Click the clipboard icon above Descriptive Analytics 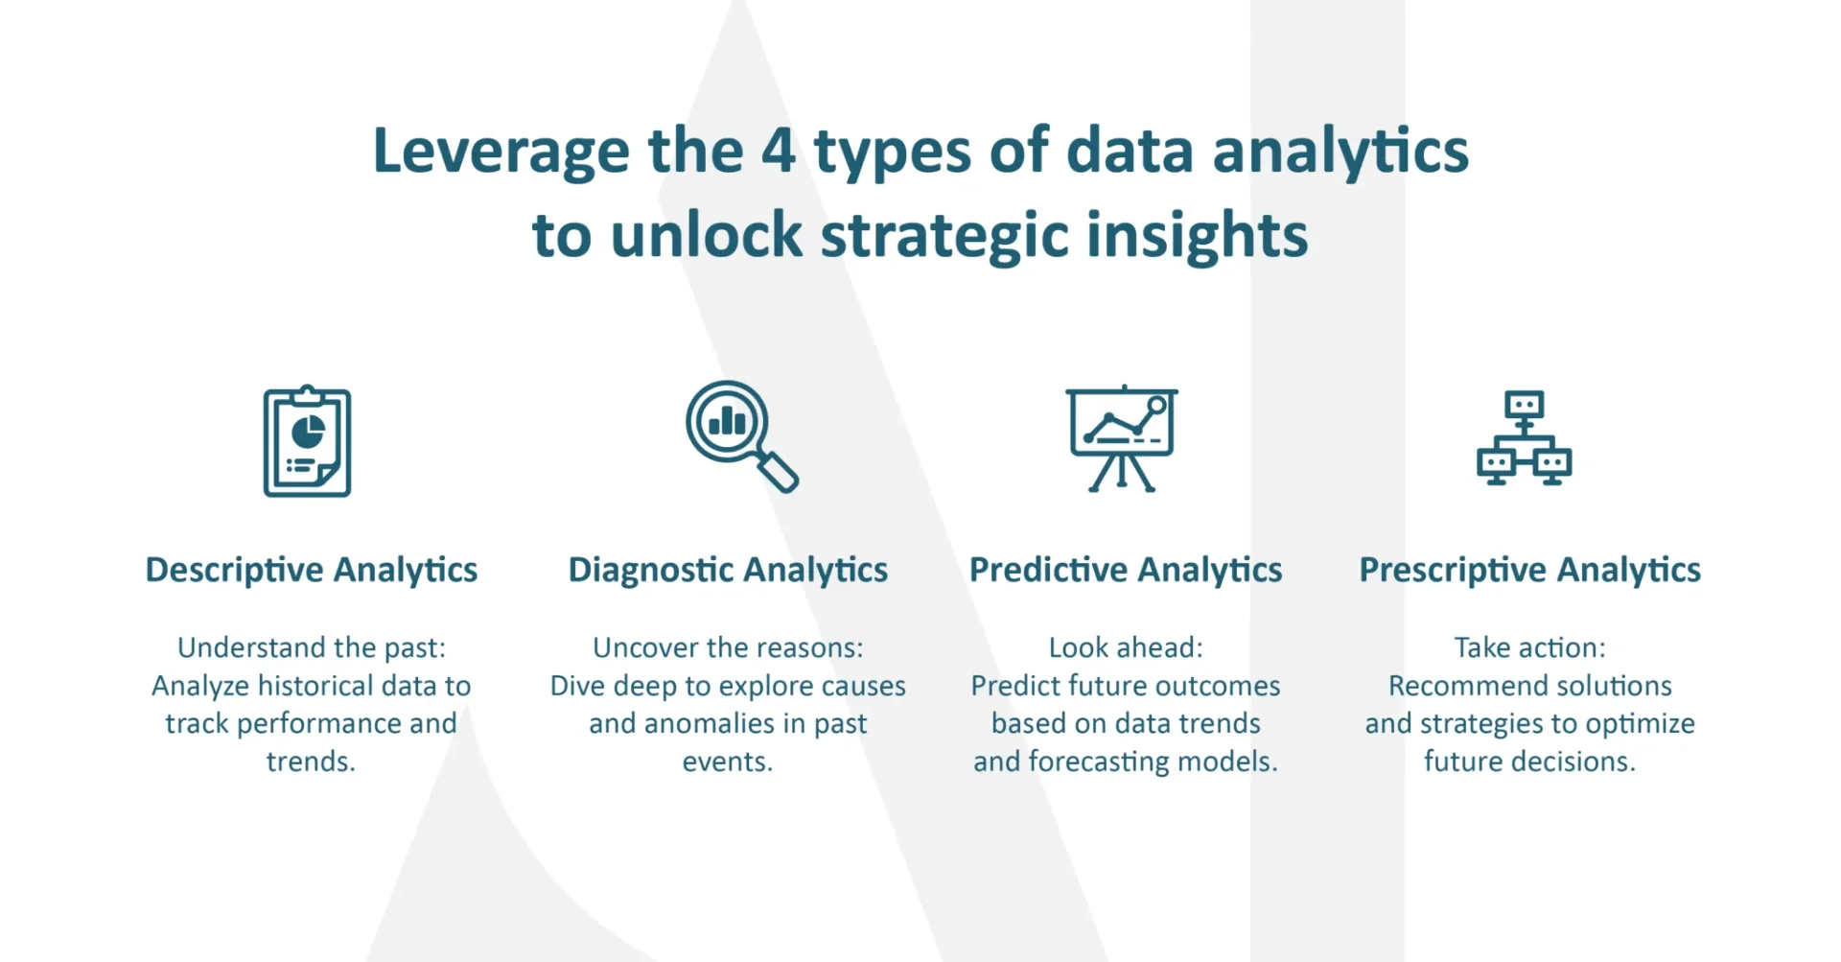(307, 441)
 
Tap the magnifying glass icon (741, 436)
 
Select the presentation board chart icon (1122, 439)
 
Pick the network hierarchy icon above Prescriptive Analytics (1524, 437)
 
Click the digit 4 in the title (779, 151)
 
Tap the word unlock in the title (707, 235)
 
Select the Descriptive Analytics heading (312, 571)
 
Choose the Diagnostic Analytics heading (728, 571)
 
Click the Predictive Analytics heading (1126, 571)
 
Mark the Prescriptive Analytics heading (1530, 571)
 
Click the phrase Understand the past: (312, 648)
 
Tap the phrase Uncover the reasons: (728, 648)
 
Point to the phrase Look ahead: (1126, 648)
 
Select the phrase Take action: (1530, 648)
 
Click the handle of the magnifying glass (779, 472)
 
